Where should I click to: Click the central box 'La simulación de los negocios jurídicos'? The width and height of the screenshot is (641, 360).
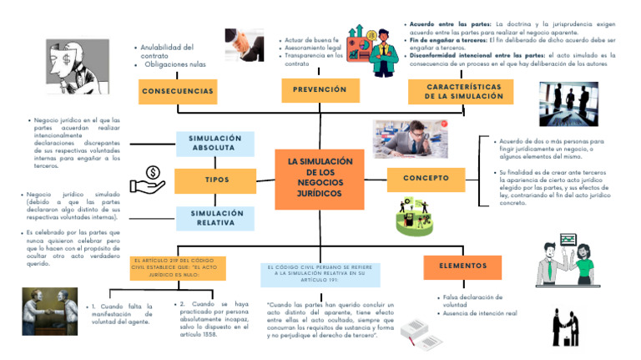320,177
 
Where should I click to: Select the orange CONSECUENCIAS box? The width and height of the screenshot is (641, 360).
178,91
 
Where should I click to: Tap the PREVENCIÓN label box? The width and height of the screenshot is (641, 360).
320,89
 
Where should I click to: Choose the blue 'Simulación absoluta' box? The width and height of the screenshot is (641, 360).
215,144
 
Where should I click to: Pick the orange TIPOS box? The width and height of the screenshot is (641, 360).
215,180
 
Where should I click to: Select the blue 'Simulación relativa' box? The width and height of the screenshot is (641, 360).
215,218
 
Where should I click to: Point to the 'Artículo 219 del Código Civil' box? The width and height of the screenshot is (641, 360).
178,267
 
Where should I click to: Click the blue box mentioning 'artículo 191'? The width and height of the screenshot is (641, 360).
320,273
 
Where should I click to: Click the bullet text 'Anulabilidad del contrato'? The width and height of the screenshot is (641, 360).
167,52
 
